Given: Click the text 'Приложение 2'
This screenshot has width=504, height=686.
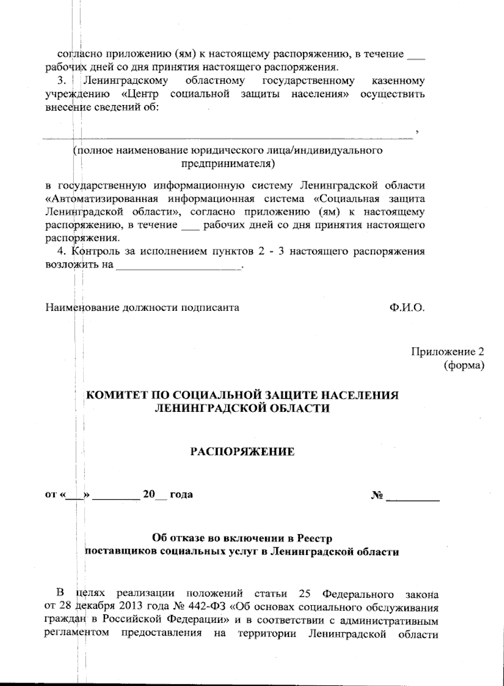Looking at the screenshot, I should (447, 352).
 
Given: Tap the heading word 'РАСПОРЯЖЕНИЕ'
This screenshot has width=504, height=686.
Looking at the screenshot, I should (242, 452).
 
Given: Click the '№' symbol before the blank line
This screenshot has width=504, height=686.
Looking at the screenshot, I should (377, 494).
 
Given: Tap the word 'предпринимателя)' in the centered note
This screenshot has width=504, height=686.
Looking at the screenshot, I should (228, 163).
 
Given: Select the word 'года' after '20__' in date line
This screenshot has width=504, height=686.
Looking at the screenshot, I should (181, 494).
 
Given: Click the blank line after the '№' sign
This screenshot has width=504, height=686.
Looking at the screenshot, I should (412, 496).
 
